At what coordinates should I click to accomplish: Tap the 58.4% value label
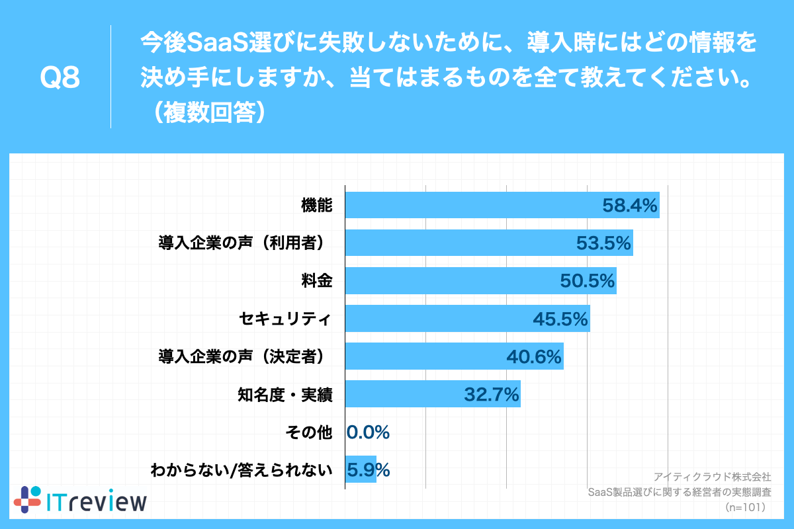coord(629,206)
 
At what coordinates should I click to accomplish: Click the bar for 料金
coord(450,281)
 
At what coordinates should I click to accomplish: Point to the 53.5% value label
coord(603,243)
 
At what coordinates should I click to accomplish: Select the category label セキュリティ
coord(285,319)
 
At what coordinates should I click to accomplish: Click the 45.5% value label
coord(560,319)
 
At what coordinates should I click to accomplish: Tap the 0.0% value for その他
coord(368,432)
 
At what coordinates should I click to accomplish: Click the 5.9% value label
coord(368,470)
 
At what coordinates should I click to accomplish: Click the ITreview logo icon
coord(28,499)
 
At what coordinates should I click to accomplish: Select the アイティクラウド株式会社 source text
coord(712,476)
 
